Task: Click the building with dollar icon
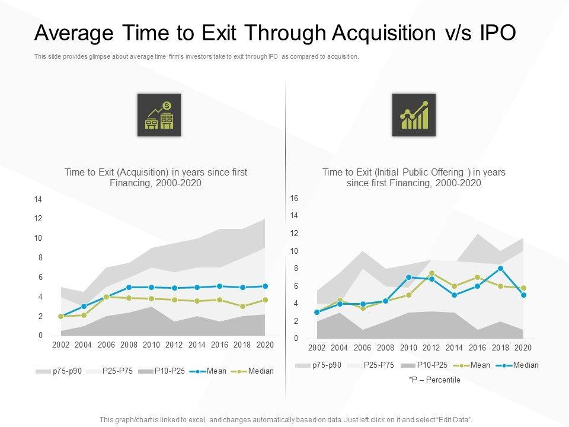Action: pos(159,115)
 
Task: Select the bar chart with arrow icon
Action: pos(414,115)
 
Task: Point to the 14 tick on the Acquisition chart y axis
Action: pos(38,200)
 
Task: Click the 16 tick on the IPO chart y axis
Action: pos(294,198)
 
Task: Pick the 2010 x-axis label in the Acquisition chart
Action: pos(151,345)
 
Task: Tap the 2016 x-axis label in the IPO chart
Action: pos(477,348)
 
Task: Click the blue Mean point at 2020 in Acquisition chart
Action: pos(265,286)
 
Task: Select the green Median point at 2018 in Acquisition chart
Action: pos(242,306)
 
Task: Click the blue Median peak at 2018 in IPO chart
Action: pos(501,268)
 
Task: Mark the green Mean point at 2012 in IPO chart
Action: pos(431,273)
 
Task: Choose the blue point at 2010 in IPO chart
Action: pos(409,277)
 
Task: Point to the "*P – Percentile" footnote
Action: pos(434,380)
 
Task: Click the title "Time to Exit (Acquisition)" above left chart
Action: pos(155,172)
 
